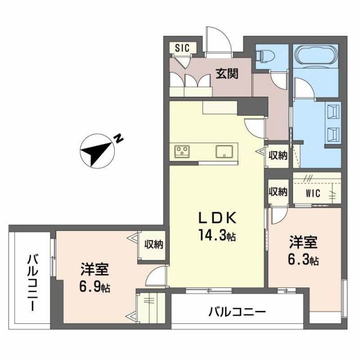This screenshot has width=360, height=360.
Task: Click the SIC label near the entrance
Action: point(181,48)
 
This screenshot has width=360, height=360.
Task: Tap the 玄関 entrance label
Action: point(227,73)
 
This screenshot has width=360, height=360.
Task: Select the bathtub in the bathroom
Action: point(315,57)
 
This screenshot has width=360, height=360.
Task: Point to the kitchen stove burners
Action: point(183,151)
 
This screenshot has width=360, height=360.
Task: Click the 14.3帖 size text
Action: point(215,236)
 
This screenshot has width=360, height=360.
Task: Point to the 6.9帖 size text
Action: point(94,287)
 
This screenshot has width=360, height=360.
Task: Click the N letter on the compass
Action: point(119,137)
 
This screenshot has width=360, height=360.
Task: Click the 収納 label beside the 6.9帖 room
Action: point(154,245)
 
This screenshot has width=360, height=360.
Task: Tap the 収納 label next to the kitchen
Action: point(277,155)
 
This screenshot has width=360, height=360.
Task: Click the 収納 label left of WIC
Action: point(277,191)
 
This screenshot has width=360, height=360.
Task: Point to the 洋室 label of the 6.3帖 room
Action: point(304,242)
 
